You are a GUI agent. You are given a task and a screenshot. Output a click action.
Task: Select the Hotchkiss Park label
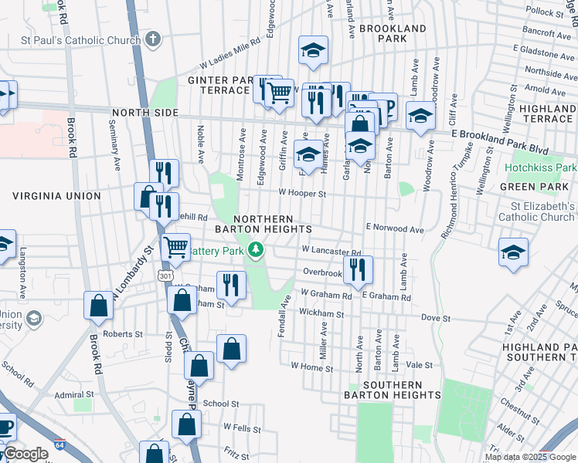point(541,167)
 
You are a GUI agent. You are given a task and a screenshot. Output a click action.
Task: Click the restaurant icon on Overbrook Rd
point(358,269)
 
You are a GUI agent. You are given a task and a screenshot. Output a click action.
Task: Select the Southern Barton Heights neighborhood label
point(393,390)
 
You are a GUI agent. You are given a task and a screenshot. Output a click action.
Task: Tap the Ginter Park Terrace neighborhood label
point(219,85)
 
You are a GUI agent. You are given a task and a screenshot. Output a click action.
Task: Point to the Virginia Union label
point(56,196)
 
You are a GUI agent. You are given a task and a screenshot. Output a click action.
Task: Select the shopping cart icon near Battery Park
point(176,247)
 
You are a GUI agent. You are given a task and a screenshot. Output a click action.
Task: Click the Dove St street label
point(436,318)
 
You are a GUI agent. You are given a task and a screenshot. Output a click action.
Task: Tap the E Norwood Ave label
point(395,229)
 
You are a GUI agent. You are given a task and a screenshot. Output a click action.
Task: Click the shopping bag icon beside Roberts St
point(100,306)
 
